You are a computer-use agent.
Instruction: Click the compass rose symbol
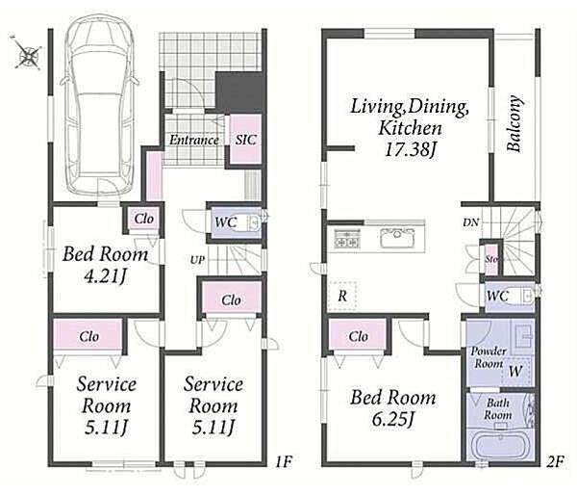[27, 55]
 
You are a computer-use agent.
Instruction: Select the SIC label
[246, 140]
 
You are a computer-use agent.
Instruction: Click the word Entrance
[194, 140]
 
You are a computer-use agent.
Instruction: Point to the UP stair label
[197, 260]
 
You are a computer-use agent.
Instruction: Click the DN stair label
[470, 222]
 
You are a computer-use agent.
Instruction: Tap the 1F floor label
[284, 461]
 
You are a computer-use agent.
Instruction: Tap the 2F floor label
[555, 461]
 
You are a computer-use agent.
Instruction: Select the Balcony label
[514, 123]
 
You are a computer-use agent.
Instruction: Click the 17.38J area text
[410, 149]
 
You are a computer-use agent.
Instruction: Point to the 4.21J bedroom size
[105, 275]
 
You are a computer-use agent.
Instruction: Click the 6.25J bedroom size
[393, 419]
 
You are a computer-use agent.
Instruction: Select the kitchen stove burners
[347, 238]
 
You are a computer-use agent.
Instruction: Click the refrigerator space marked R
[342, 296]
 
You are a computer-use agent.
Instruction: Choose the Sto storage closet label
[491, 259]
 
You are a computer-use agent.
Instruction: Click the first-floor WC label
[226, 222]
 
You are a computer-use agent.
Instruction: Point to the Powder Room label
[489, 357]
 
